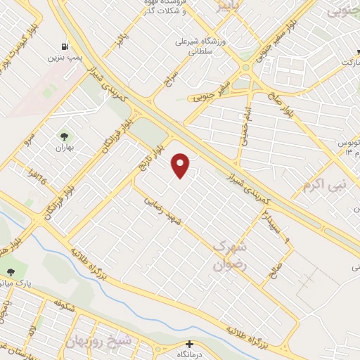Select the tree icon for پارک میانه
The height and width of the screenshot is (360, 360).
click(10, 271)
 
